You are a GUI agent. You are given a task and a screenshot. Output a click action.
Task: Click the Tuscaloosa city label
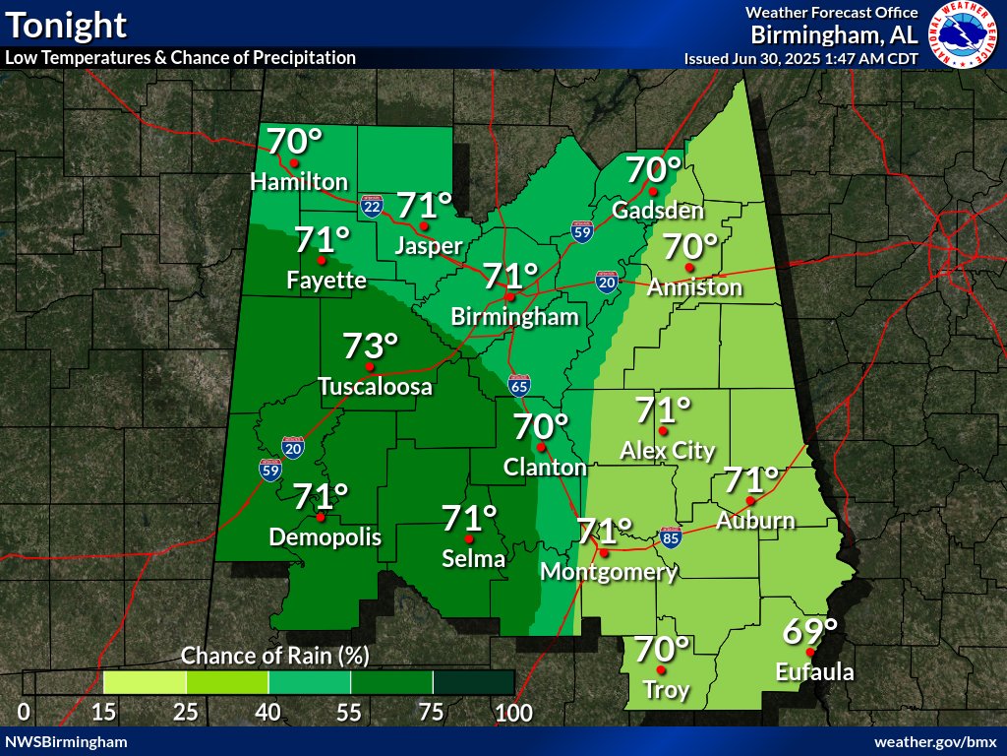[375, 387]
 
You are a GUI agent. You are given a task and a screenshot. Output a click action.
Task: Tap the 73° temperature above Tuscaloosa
[371, 346]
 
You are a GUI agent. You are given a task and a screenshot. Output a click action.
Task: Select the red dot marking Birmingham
[510, 296]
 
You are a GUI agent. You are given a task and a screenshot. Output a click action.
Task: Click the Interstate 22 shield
[372, 205]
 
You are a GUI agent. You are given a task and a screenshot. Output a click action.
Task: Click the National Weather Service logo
[965, 35]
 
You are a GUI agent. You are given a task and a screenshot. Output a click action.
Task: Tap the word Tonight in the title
[65, 24]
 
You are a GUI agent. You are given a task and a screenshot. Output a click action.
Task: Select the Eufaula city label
[814, 673]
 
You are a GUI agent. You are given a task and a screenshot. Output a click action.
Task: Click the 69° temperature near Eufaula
[809, 631]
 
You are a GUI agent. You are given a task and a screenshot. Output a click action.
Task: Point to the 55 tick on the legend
[351, 713]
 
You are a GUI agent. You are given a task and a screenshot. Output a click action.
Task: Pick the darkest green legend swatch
[474, 682]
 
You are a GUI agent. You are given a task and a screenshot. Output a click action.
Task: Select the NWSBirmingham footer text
[66, 740]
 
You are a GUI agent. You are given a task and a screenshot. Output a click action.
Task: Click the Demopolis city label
[326, 536]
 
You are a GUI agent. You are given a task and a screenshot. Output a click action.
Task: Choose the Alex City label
[668, 451]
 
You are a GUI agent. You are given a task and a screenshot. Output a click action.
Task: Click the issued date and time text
[801, 58]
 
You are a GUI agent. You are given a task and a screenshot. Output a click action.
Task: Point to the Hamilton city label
[299, 182]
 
